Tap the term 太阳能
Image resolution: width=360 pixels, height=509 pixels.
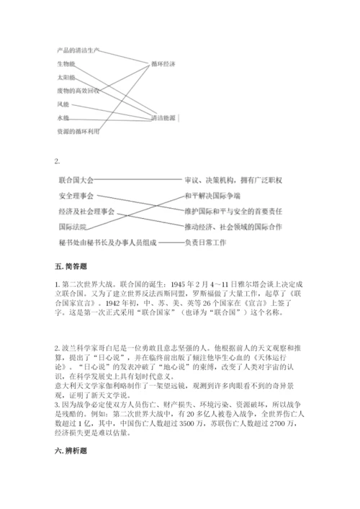tap(66, 76)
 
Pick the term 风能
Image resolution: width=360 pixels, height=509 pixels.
tap(63, 104)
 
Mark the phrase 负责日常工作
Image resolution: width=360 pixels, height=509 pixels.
tap(205, 243)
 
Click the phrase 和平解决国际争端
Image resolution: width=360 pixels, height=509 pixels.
tap(213, 196)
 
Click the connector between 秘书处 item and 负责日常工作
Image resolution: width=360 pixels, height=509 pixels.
tap(170, 243)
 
